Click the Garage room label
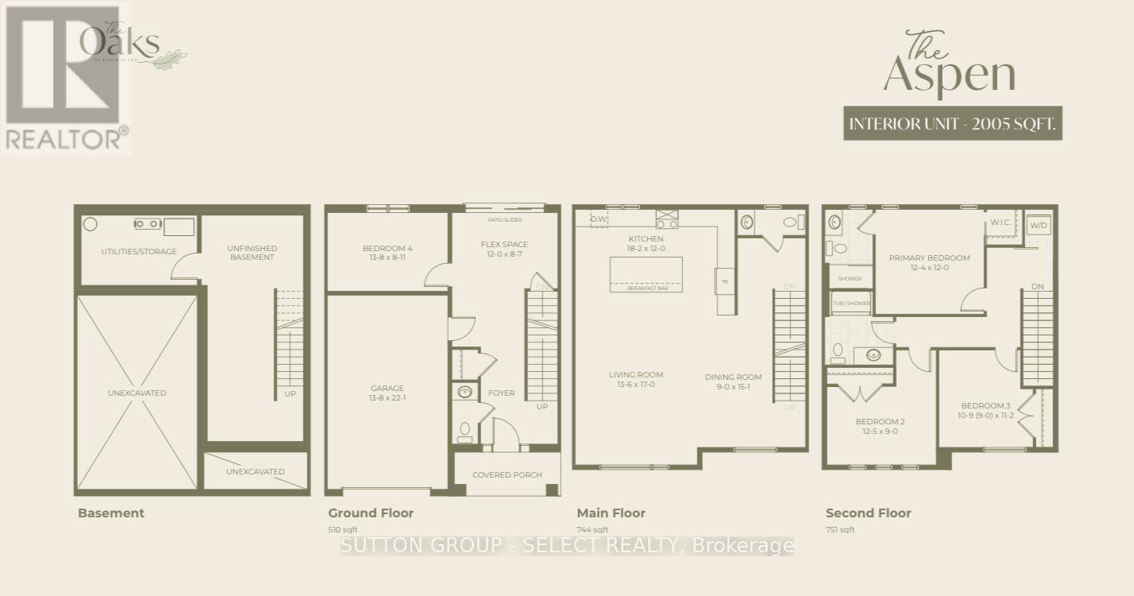388,393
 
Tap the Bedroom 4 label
388,253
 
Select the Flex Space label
504,249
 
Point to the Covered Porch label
507,475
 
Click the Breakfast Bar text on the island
647,288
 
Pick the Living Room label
635,379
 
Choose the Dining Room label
733,381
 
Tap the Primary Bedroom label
929,262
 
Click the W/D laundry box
1038,226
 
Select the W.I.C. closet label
1001,223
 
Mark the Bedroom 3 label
985,410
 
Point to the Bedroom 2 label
880,426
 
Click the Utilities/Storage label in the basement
138,252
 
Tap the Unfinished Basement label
252,253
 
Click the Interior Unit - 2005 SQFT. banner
952,124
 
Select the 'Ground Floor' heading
371,513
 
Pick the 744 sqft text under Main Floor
592,530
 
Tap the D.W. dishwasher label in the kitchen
599,219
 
